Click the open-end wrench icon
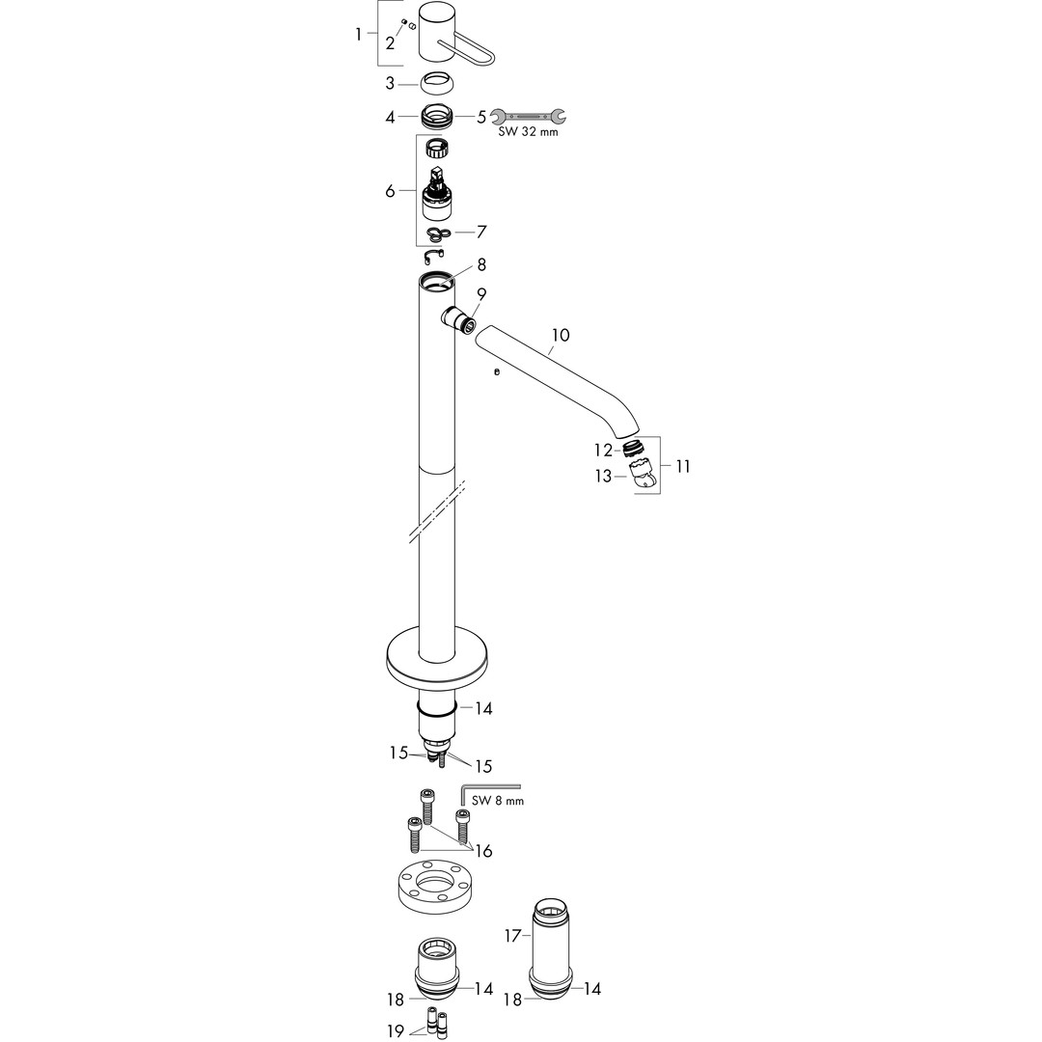coord(529,117)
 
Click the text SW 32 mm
coord(529,131)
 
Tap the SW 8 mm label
coord(498,801)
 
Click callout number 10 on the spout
coord(561,335)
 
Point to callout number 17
coord(512,937)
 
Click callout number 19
coord(395,1030)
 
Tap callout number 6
coord(390,191)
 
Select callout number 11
coord(682,466)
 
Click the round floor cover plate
coord(437,661)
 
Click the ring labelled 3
coord(437,84)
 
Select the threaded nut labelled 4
coord(437,117)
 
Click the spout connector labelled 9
coord(459,319)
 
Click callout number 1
coord(359,34)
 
